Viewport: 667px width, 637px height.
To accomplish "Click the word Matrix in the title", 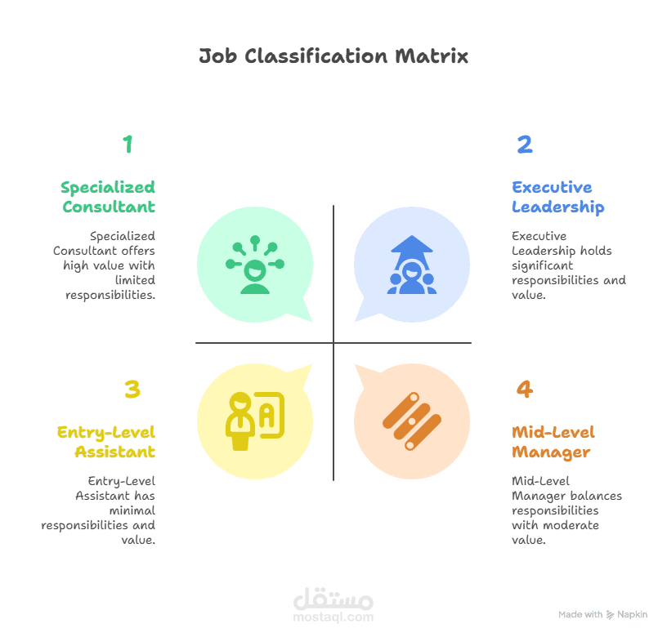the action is point(432,56).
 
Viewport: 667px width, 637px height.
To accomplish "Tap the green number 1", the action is point(128,144).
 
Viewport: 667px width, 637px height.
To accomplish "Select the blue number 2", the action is point(525,144).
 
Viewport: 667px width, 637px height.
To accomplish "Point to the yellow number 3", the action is point(132,389).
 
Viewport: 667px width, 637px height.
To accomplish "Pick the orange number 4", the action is point(525,389).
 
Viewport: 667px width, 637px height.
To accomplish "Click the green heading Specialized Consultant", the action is point(108,197).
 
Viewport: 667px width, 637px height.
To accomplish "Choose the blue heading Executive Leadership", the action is point(557,197).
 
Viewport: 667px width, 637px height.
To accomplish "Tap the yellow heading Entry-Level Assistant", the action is point(106,442).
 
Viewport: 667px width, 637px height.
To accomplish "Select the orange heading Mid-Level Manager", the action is point(553,442).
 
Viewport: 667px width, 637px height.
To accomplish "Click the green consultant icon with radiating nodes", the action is point(255,265).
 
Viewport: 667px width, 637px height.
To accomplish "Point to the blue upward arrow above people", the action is point(411,252).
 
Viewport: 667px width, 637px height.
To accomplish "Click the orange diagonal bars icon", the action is point(411,421).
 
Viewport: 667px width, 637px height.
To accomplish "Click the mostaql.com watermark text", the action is point(333,617).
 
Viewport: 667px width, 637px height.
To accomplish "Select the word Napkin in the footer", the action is point(632,614).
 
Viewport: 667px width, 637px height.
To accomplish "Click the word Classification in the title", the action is point(316,56).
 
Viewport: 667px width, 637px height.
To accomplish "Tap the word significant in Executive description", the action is point(543,265).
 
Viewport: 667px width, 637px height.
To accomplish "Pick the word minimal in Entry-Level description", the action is point(132,510).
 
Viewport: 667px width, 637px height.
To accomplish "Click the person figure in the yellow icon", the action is point(240,421).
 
